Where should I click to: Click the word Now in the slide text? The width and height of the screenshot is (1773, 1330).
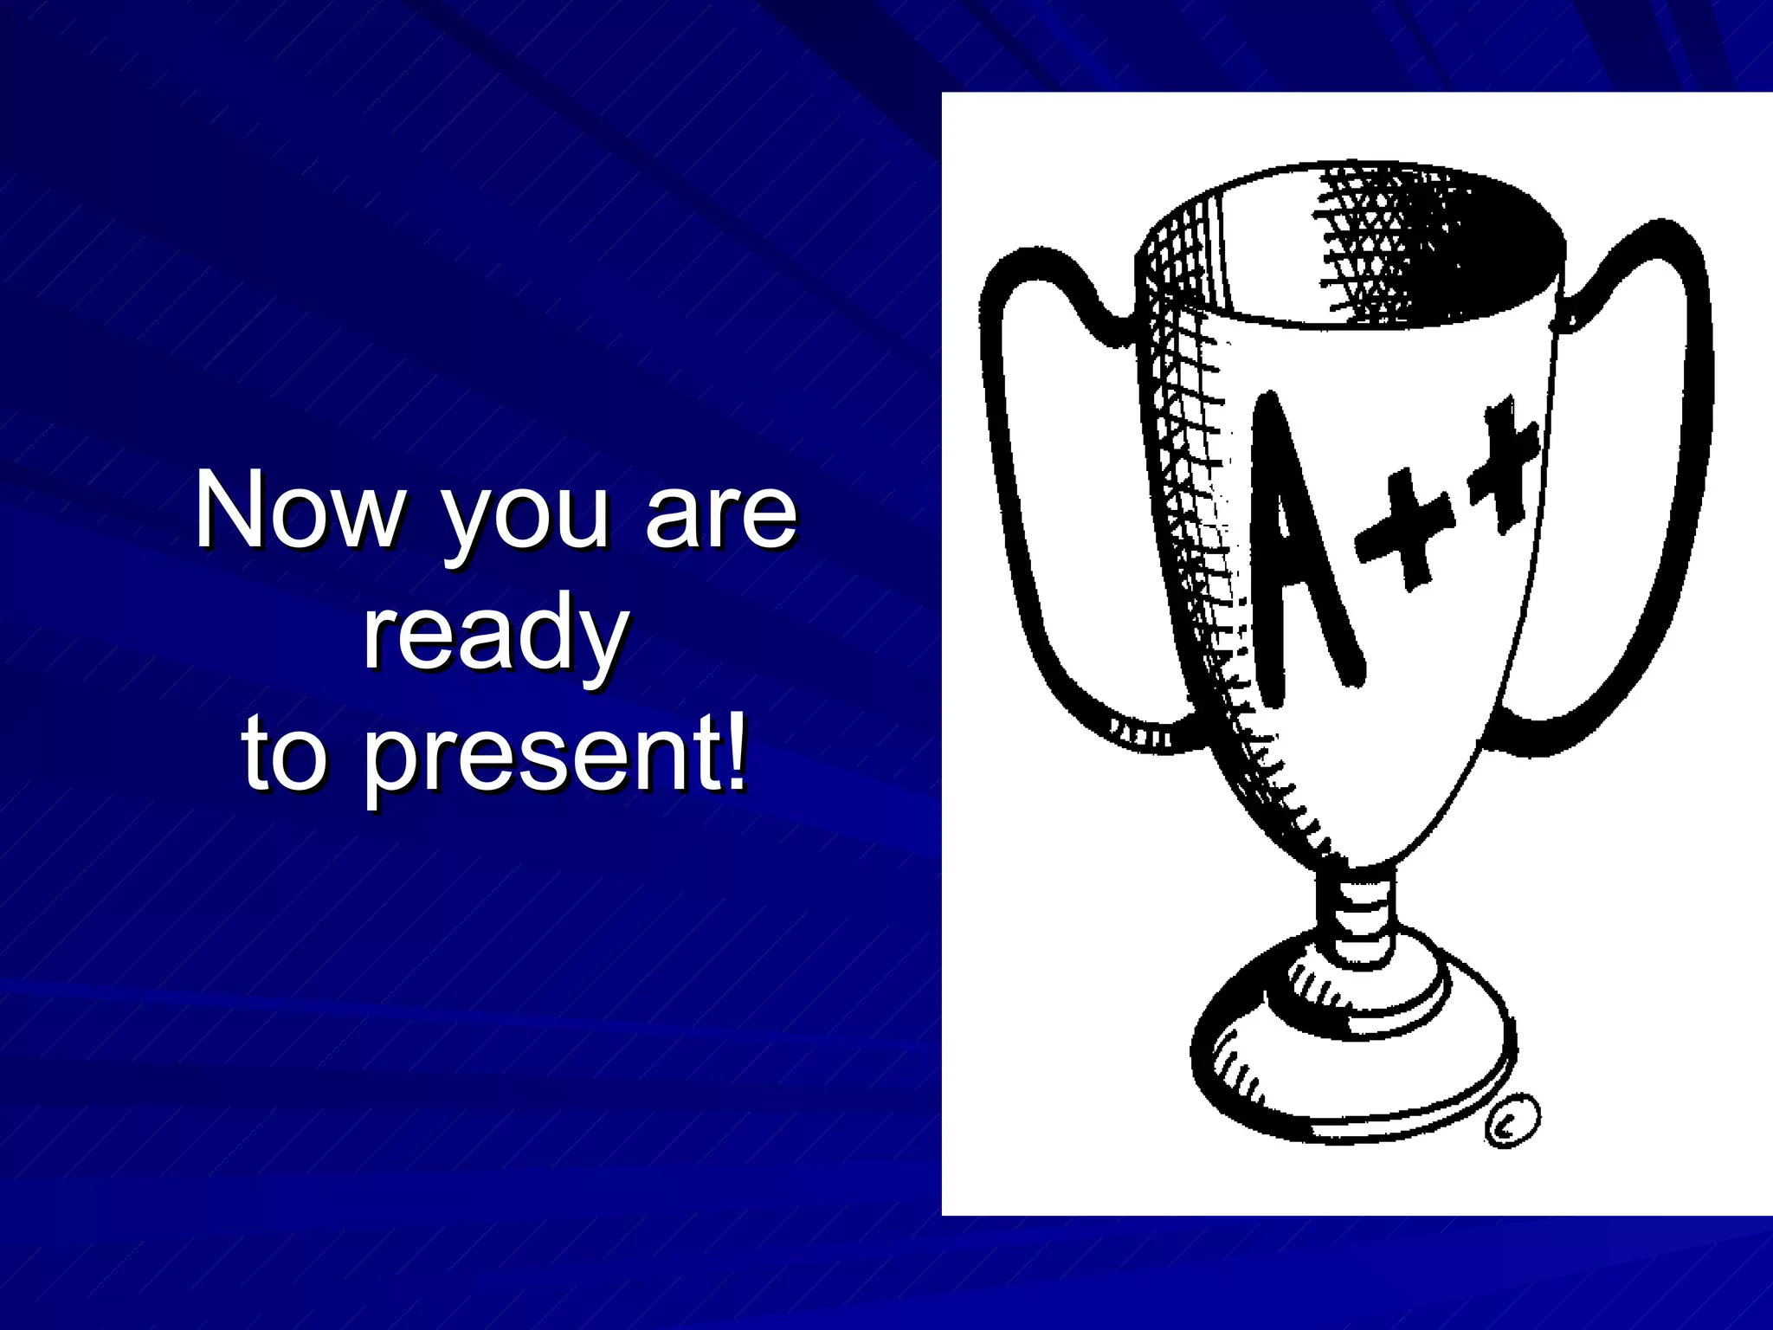click(x=299, y=511)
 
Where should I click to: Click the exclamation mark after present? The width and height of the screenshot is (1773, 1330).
click(x=735, y=749)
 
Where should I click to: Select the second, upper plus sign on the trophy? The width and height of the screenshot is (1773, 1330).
click(x=1502, y=463)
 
